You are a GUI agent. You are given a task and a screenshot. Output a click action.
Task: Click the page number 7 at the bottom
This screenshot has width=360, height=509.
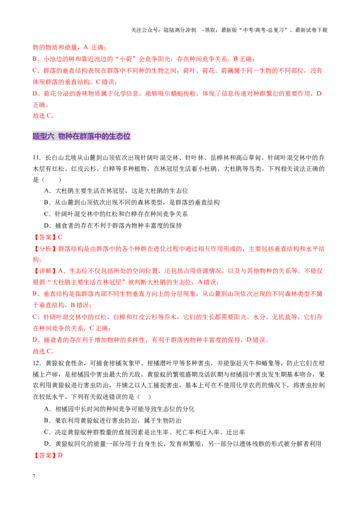pos(34,476)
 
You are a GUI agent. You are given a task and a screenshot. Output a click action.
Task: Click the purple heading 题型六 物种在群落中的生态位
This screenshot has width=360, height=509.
pos(81,136)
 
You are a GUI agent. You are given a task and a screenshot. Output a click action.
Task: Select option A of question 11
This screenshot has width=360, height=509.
pos(116,191)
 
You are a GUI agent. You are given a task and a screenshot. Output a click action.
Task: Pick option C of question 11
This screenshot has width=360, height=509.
pos(116,214)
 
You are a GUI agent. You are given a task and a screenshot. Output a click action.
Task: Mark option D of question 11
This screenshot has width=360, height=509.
pos(113,226)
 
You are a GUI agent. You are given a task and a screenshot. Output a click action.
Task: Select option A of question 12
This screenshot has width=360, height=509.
pos(119,409)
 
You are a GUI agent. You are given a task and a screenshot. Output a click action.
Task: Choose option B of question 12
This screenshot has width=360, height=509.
pos(112,421)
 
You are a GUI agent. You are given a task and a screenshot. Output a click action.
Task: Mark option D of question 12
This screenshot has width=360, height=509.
pos(182,444)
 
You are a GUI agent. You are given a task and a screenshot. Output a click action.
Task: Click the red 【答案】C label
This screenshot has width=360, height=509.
pos(47,237)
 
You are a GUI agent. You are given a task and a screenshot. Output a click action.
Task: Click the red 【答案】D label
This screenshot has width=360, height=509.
pos(47,455)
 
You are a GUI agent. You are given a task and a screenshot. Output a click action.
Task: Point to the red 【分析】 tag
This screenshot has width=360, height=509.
pos(45,249)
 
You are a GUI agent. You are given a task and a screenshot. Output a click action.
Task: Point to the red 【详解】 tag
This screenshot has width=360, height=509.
pos(45,271)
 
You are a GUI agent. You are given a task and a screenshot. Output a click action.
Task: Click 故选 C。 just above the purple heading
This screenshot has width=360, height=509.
pos(43,116)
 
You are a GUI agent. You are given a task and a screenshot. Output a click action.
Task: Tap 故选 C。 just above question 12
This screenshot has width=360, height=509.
pos(43,351)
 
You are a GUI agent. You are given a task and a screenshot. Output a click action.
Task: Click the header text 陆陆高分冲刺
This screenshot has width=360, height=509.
pos(180,30)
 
